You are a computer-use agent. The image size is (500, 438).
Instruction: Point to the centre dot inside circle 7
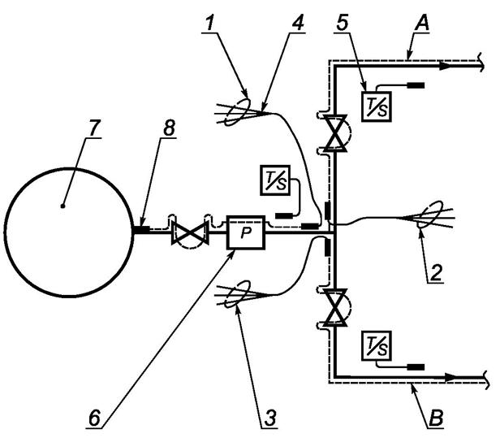(63, 206)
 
